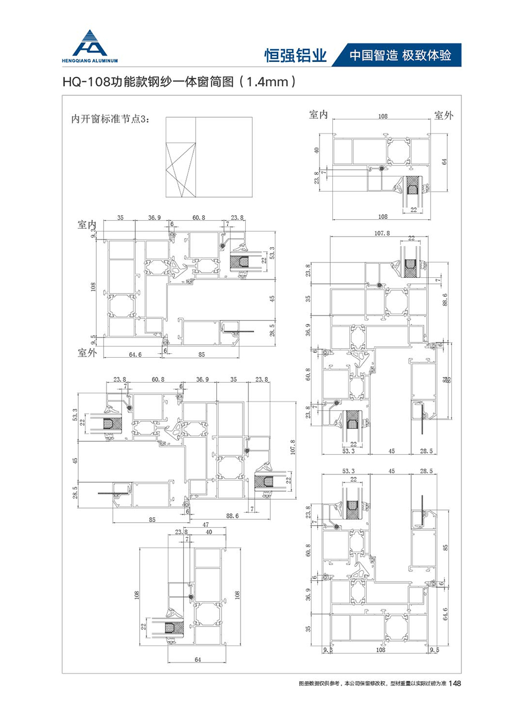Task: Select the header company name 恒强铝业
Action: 295,55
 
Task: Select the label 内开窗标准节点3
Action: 110,119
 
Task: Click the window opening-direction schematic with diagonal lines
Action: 181,168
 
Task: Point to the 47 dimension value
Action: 206,524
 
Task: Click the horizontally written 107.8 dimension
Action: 382,233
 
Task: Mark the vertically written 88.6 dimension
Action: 445,299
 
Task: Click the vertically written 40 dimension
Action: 317,150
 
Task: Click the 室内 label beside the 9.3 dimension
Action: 87,224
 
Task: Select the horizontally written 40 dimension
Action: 209,532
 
